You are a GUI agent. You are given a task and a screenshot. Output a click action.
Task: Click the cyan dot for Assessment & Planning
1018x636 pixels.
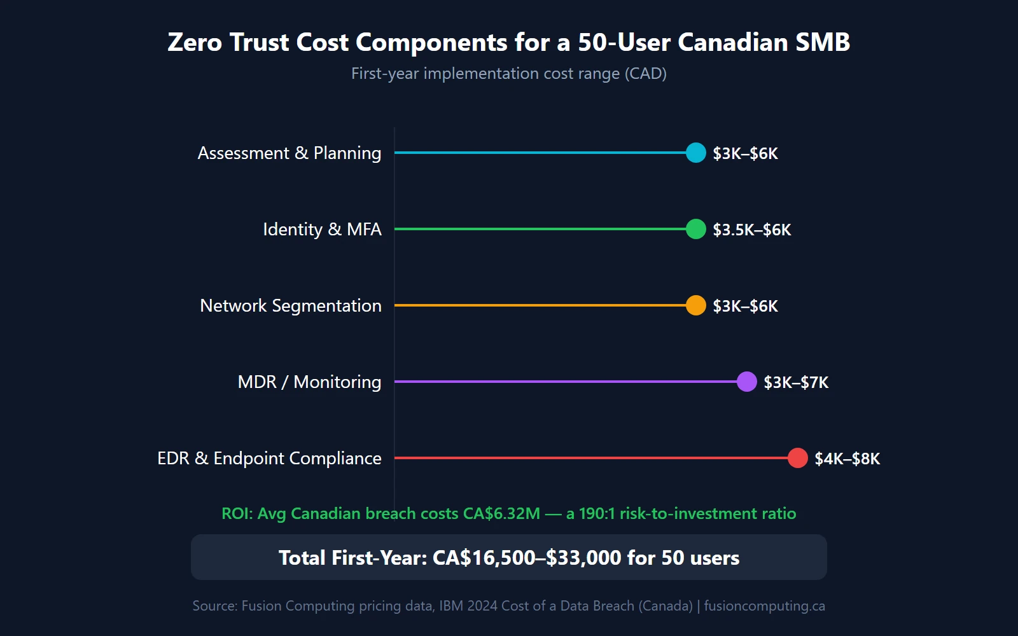pyautogui.click(x=696, y=153)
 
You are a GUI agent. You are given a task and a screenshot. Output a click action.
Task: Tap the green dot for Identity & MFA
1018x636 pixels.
pyautogui.click(x=696, y=229)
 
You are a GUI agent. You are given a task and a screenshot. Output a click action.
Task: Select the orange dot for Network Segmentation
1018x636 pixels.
pyautogui.click(x=696, y=305)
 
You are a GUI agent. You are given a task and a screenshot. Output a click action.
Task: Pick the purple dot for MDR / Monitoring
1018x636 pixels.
pyautogui.click(x=747, y=382)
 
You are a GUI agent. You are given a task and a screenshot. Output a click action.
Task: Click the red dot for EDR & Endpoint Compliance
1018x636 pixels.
pyautogui.click(x=798, y=458)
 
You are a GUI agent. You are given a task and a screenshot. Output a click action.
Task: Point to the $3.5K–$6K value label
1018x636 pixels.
pyautogui.click(x=751, y=230)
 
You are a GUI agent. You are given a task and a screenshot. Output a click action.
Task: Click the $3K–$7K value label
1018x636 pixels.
pyautogui.click(x=796, y=382)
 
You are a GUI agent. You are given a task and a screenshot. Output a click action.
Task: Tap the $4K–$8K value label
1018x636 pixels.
pyautogui.click(x=847, y=459)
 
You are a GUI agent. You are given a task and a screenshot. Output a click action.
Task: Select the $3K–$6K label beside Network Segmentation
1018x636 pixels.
pyautogui.click(x=745, y=306)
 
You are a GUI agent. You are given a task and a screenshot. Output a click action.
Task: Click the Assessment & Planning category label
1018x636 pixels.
pyautogui.click(x=289, y=153)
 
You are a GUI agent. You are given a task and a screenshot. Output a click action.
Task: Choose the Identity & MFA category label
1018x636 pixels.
pyautogui.click(x=322, y=230)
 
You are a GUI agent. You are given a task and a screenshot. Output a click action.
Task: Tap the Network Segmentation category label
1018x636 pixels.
pyautogui.click(x=291, y=306)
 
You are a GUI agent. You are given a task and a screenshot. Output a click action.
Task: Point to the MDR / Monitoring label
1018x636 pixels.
pyautogui.click(x=309, y=382)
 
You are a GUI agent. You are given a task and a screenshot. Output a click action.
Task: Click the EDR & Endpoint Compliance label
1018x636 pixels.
pyautogui.click(x=269, y=459)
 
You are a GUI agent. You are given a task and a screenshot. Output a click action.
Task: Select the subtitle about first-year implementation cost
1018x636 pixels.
pyautogui.click(x=509, y=74)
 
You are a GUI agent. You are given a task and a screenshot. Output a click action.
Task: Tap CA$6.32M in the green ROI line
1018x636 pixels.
pyautogui.click(x=501, y=514)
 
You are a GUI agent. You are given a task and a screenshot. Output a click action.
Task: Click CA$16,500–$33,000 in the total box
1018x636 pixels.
pyautogui.click(x=526, y=558)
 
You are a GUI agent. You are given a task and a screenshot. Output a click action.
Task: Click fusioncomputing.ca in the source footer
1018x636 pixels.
pyautogui.click(x=764, y=606)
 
